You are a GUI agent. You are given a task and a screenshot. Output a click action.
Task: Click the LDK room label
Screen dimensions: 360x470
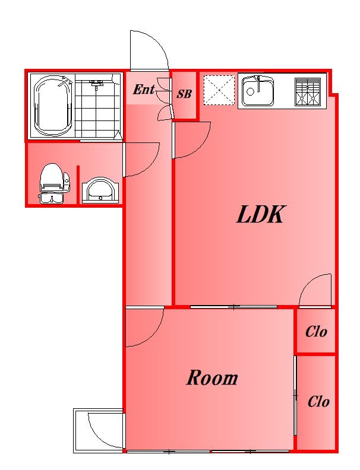(x=260, y=214)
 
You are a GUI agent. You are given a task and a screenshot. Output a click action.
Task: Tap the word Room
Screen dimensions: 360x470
(x=212, y=377)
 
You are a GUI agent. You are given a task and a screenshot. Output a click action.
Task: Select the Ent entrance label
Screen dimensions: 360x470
(x=144, y=90)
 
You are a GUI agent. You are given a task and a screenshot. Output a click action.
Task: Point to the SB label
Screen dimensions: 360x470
(x=184, y=94)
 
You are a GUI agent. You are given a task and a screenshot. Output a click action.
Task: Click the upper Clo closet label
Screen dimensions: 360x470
(x=316, y=332)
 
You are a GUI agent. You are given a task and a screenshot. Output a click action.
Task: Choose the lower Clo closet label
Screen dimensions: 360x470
(x=318, y=401)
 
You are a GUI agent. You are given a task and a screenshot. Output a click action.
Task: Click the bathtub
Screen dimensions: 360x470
(x=53, y=106)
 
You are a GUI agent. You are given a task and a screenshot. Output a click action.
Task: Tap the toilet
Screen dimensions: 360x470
(x=54, y=183)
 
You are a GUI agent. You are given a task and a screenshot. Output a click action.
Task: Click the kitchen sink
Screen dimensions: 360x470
(x=258, y=91)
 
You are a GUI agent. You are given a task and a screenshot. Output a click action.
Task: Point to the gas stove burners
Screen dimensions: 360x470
(x=308, y=92)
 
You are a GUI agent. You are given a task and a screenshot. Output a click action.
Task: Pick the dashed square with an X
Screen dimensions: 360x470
(x=219, y=90)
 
